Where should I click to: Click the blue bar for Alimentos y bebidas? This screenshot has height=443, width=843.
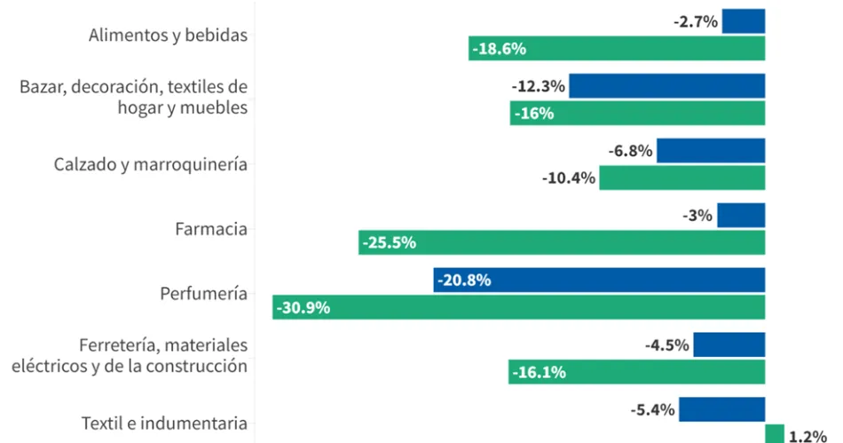coord(743,21)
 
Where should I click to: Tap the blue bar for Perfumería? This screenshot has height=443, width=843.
coord(599,280)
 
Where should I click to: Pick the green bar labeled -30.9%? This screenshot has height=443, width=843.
coord(518,307)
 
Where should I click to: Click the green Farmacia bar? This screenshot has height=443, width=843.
coord(562,242)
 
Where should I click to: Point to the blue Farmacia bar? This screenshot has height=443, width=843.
coord(741,215)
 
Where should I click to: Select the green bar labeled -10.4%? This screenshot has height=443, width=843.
coord(681,178)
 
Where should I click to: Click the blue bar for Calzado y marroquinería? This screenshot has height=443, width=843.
coord(711,151)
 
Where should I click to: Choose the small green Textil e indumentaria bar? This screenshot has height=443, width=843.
coord(775,434)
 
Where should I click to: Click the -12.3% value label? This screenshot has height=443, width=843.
coord(538,86)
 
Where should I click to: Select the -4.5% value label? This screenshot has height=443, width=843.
coord(667,344)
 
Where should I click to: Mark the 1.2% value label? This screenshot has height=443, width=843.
coord(808,435)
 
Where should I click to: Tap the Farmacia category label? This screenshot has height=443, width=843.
coord(211,229)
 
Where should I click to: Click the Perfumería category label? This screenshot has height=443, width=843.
coord(203,294)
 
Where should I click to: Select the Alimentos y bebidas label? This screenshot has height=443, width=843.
coord(168,36)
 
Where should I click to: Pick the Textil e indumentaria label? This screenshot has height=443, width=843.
coord(163,423)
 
